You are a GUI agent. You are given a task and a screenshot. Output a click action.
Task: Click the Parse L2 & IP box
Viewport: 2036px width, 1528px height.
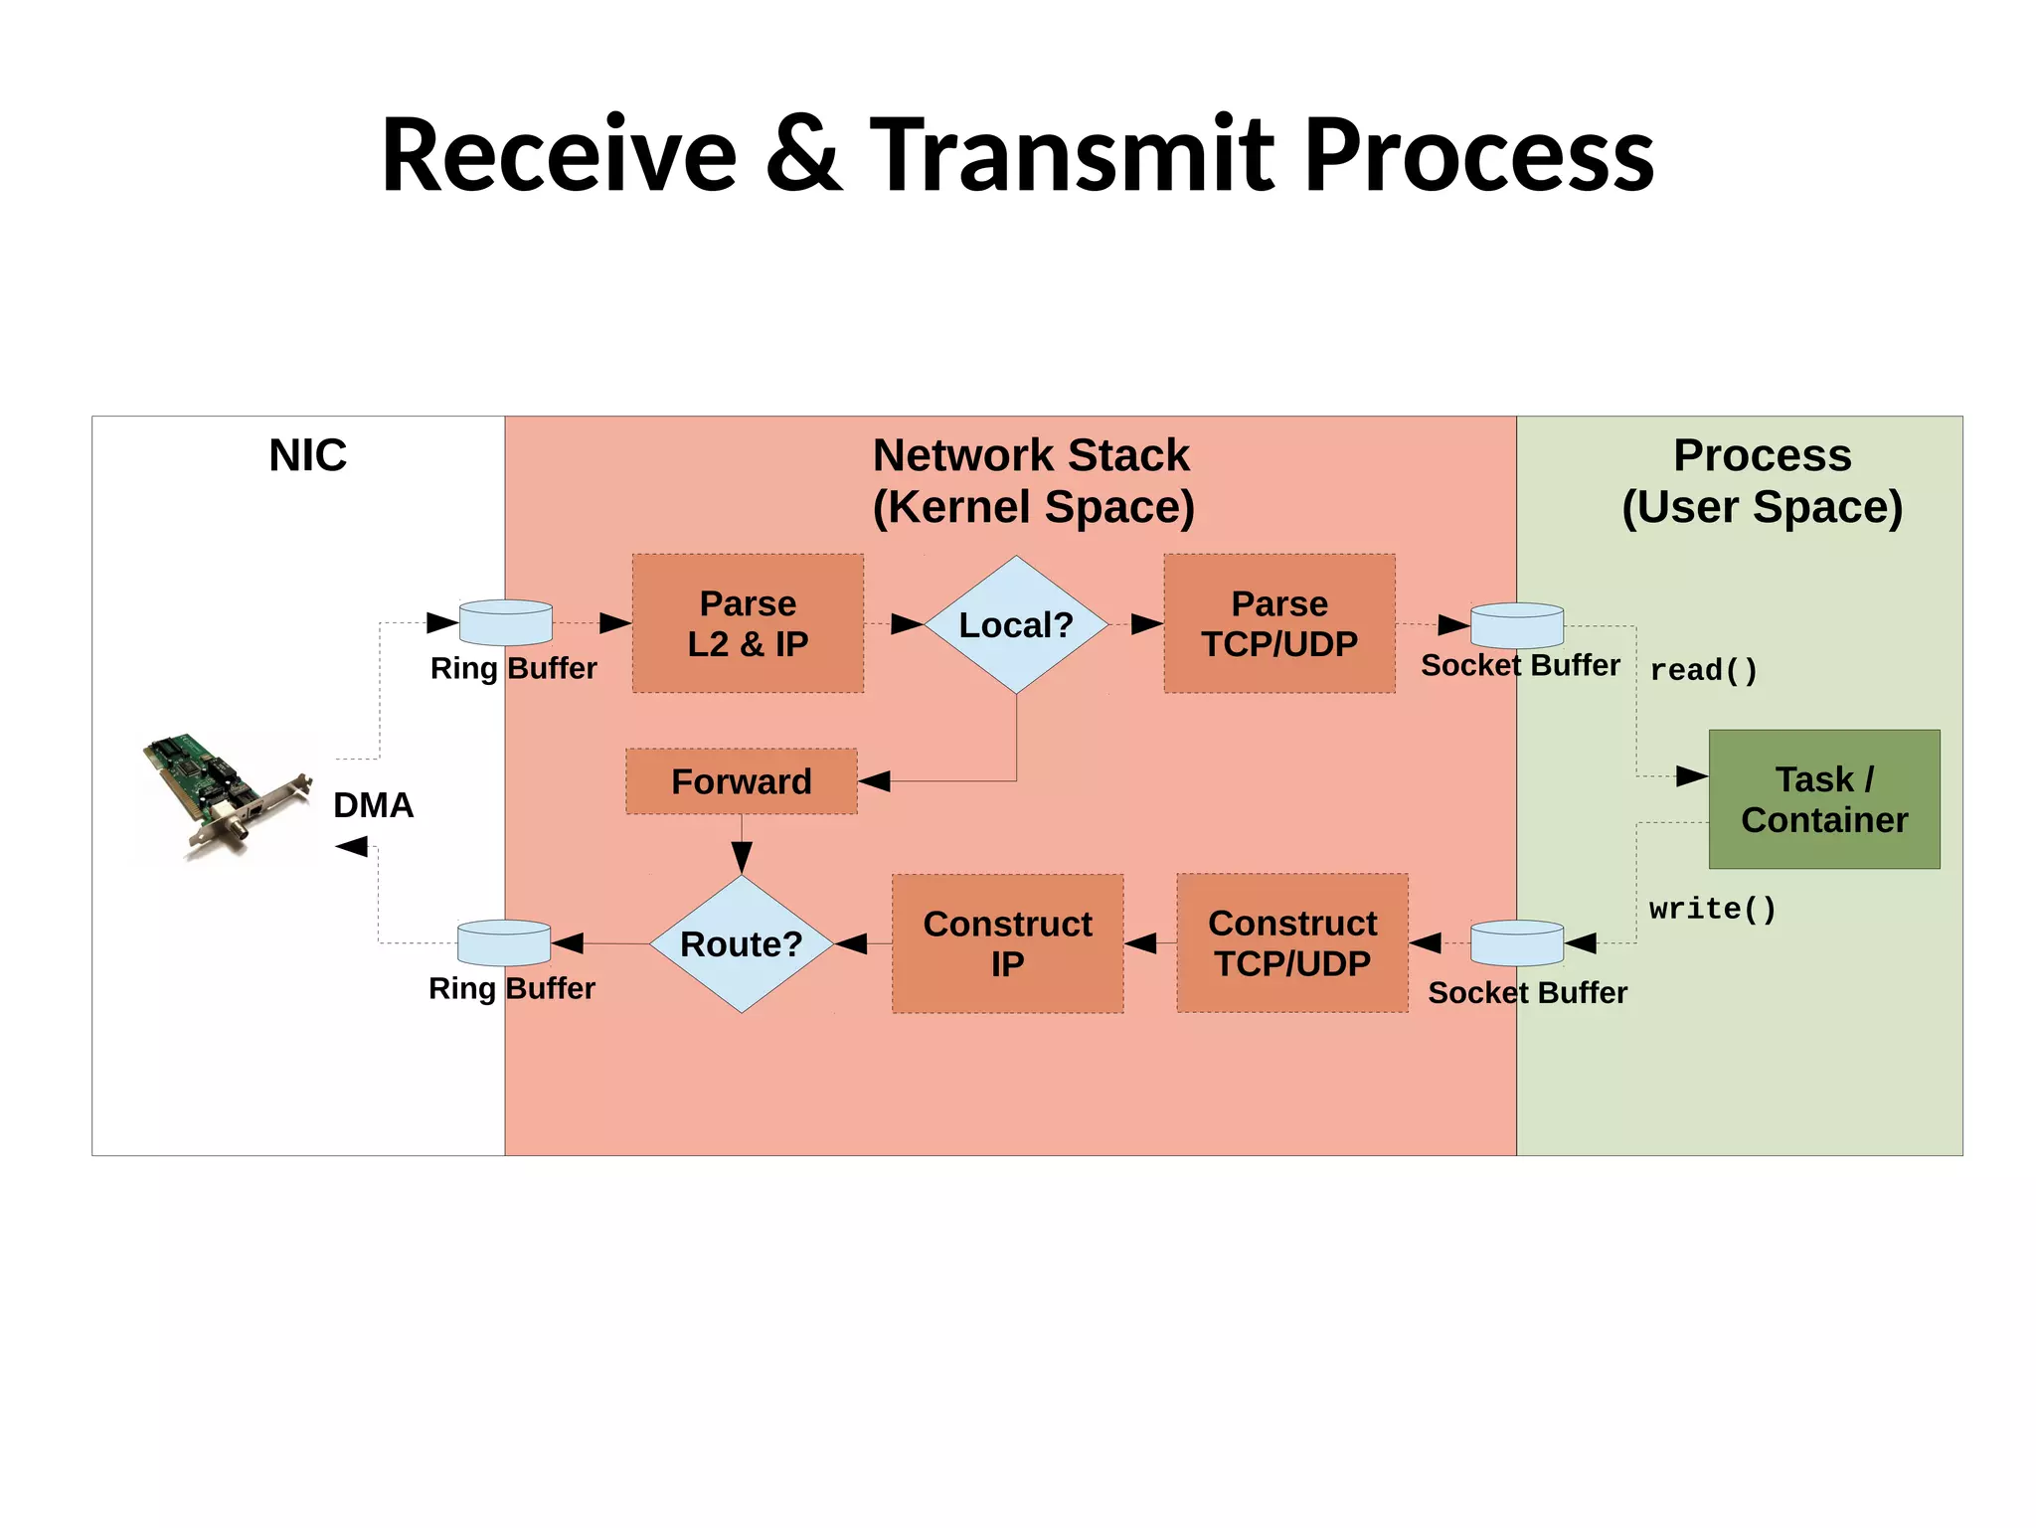748,623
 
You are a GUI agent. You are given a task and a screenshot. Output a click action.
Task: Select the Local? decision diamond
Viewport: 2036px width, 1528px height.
1016,624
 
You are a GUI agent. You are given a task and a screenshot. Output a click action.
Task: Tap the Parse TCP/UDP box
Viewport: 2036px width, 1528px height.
1279,623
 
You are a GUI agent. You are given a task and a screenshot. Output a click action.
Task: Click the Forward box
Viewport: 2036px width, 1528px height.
742,781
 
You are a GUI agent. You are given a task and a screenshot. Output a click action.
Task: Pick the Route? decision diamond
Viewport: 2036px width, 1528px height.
742,943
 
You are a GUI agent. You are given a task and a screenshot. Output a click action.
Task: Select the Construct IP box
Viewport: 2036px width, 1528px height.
1007,943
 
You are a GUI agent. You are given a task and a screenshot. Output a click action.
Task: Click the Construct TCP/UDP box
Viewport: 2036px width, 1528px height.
1292,942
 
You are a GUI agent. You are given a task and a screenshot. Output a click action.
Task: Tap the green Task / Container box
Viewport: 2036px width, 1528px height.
1824,799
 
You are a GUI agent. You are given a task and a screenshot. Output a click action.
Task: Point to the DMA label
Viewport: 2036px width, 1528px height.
373,805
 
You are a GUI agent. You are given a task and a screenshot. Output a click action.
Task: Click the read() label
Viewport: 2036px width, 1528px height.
1704,670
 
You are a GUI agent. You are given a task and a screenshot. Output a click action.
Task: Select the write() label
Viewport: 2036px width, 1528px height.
1712,909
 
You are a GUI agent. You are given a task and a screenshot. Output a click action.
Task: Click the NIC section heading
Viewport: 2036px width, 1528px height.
307,455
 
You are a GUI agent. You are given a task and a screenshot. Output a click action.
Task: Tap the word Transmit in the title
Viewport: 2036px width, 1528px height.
1073,155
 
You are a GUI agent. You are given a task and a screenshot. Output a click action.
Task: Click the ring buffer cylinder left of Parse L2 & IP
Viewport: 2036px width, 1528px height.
505,623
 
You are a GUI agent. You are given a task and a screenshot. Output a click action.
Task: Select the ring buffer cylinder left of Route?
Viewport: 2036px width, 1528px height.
504,942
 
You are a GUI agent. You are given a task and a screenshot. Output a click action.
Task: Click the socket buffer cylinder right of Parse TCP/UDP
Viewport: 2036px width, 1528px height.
1517,625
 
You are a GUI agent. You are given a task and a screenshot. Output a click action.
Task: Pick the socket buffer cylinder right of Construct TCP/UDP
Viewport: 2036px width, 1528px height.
1517,942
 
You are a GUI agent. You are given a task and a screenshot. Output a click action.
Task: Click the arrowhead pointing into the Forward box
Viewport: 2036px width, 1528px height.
874,781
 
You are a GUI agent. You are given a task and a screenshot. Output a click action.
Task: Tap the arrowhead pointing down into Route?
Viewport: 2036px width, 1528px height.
742,856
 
